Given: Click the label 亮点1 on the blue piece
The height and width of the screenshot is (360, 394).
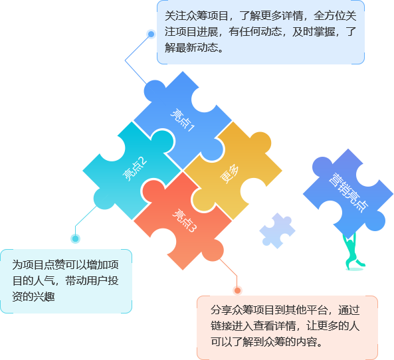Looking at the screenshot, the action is [x=183, y=120].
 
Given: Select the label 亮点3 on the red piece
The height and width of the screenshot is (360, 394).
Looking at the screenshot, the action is [x=184, y=221].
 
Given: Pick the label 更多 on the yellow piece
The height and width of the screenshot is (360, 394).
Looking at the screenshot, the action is [x=229, y=174].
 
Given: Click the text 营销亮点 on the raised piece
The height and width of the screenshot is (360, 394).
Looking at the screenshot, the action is [x=349, y=192].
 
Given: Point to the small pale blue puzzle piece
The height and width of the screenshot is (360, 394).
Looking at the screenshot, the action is [x=278, y=230].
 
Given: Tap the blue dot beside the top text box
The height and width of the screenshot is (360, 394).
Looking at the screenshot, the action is [x=151, y=34].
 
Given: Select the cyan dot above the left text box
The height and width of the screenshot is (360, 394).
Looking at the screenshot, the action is [x=75, y=238].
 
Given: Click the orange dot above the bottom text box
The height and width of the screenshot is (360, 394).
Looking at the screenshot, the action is [x=237, y=291].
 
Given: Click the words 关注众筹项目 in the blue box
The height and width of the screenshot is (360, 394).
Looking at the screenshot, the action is [x=196, y=15].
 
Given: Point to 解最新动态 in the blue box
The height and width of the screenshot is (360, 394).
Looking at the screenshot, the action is [x=191, y=47].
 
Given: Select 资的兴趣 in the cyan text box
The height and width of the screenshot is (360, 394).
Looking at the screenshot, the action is [x=33, y=296].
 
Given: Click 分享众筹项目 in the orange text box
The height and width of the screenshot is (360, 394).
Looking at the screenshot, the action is [x=243, y=310].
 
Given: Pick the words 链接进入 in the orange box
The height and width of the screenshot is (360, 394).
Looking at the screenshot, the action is [x=232, y=326].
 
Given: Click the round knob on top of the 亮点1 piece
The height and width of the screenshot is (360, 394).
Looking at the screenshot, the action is [x=155, y=91].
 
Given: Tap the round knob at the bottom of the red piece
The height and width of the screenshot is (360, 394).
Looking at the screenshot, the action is [x=213, y=250].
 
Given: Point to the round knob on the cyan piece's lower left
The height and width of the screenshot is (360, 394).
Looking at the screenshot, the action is [x=104, y=199].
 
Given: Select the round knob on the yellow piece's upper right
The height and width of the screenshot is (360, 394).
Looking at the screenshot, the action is [x=260, y=143].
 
